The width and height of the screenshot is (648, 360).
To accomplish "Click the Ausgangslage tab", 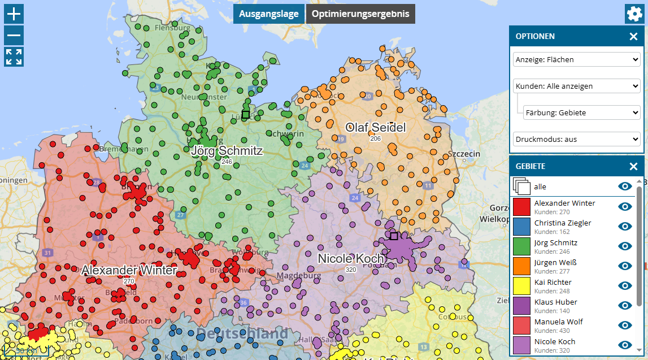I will pos(268,14).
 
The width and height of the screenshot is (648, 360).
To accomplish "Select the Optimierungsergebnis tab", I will pos(360,14).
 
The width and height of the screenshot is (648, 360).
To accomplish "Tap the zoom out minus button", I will pos(14,36).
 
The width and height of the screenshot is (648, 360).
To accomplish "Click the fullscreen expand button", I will pos(14,57).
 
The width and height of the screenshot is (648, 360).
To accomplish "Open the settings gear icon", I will pos(634,14).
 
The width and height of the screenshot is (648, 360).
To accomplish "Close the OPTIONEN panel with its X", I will pos(633,37).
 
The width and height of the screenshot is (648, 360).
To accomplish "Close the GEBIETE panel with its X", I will pos(633,167).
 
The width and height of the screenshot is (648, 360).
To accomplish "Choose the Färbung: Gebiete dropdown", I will pos(581,112).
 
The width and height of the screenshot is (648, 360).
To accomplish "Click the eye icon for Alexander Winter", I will pos(625,206).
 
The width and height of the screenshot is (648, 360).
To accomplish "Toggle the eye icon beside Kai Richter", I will pos(625,285).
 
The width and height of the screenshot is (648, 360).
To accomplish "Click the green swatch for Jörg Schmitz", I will pos(521,246).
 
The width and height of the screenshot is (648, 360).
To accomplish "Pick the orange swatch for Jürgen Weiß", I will pos(521,266).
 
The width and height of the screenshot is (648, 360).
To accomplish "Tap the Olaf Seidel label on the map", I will pos(376,128).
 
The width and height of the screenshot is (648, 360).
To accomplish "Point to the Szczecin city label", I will pos(463,154).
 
